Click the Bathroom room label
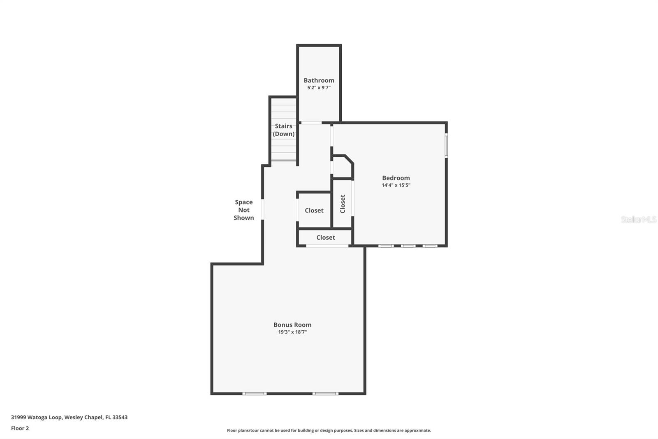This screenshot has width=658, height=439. pos(319,80)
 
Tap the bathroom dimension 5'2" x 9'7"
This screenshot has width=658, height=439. pos(319,88)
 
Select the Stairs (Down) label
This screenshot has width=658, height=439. pos(284,130)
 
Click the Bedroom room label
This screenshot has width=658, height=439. pos(396,178)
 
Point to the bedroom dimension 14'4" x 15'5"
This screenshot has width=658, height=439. pos(396,185)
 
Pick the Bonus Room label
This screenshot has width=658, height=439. pos(292,325)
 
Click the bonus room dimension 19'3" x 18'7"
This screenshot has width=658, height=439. pos(292,332)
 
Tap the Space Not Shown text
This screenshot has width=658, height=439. pos(244,210)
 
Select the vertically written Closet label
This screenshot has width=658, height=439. pos(343,204)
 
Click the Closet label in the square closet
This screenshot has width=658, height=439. pos(314,210)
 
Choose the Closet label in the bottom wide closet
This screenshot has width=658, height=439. pos(325,238)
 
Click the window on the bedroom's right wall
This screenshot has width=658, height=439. pos(446,145)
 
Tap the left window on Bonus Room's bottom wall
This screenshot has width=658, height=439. pos(254,394)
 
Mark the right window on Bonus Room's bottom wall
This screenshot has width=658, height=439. pos(325,394)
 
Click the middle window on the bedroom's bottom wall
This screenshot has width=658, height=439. pos(408,246)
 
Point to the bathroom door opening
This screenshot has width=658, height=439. pos(311,123)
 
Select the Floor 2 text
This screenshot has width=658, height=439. pos(20,428)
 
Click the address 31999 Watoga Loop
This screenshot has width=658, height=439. pos(37,417)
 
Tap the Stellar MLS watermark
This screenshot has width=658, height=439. pos(638,219)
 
